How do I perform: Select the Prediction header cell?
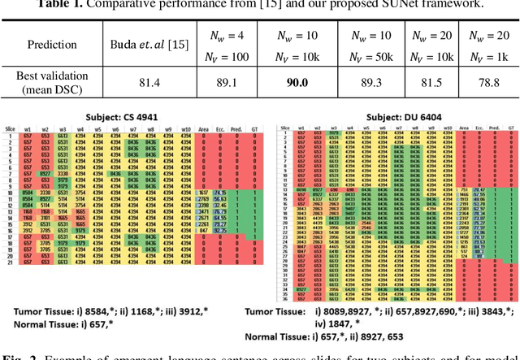(53, 44)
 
